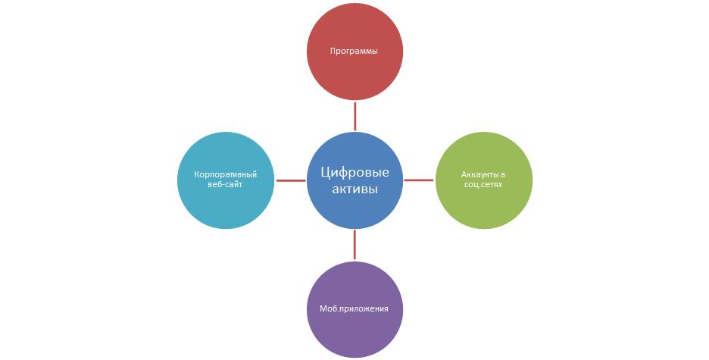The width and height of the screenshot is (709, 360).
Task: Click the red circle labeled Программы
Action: tap(354, 51)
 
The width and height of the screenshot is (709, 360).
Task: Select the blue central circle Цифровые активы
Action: tap(354, 180)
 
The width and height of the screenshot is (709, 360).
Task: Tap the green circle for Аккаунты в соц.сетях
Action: tap(484, 180)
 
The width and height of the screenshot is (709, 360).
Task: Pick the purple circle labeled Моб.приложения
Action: tap(354, 309)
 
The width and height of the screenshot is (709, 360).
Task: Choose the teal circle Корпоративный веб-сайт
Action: tap(226, 180)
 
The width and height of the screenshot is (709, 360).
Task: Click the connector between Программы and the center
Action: tap(355, 116)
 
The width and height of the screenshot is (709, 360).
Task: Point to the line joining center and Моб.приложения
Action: tap(354, 245)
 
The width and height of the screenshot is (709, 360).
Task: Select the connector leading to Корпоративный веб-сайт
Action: tap(291, 180)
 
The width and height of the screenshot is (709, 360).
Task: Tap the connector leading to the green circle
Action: tap(419, 180)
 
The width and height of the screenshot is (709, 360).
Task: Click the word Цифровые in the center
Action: tap(355, 172)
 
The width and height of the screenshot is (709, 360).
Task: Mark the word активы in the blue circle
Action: tap(355, 189)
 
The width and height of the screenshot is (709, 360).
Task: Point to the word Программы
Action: tap(354, 52)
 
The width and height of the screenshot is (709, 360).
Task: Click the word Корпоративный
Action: tap(226, 175)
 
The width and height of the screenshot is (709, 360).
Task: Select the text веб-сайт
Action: tap(225, 184)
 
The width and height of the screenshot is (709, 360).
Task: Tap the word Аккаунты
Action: tap(479, 175)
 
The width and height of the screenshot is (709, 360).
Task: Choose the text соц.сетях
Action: tap(483, 184)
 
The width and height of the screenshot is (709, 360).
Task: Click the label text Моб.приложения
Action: tap(354, 309)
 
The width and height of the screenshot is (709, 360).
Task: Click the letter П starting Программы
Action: tap(333, 51)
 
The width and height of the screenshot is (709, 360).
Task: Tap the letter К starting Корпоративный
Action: tap(197, 174)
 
